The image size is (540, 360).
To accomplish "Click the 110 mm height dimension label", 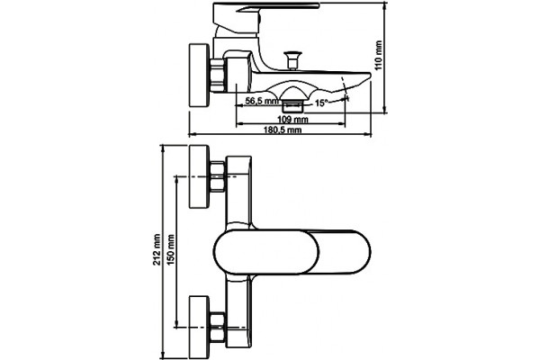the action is pos(379,56).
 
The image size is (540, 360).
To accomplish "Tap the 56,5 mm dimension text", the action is pos(262,102).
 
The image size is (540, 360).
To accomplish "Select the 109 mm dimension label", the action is pos(292,120).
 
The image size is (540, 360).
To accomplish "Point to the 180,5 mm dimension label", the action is pos(283,130).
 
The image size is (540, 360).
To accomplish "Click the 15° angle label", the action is pos(321,103).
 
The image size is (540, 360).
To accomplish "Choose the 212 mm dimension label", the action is pos(157,249).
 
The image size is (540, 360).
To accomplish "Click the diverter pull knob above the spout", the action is pos(292,60).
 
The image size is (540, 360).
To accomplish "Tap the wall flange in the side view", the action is pos(200,75).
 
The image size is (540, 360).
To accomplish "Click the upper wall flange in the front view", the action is pos(200,176).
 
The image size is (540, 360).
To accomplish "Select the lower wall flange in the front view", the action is pos(200,326).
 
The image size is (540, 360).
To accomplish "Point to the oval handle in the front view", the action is pos(292,252).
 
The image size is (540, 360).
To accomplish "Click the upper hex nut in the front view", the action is pos(217,176).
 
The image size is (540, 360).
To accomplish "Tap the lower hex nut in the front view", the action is pos(217,326).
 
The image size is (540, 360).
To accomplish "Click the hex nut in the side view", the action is pos(217,76).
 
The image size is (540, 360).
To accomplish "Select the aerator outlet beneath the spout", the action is pos(292,105).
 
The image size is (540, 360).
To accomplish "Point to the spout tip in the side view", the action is pos(369,75).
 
